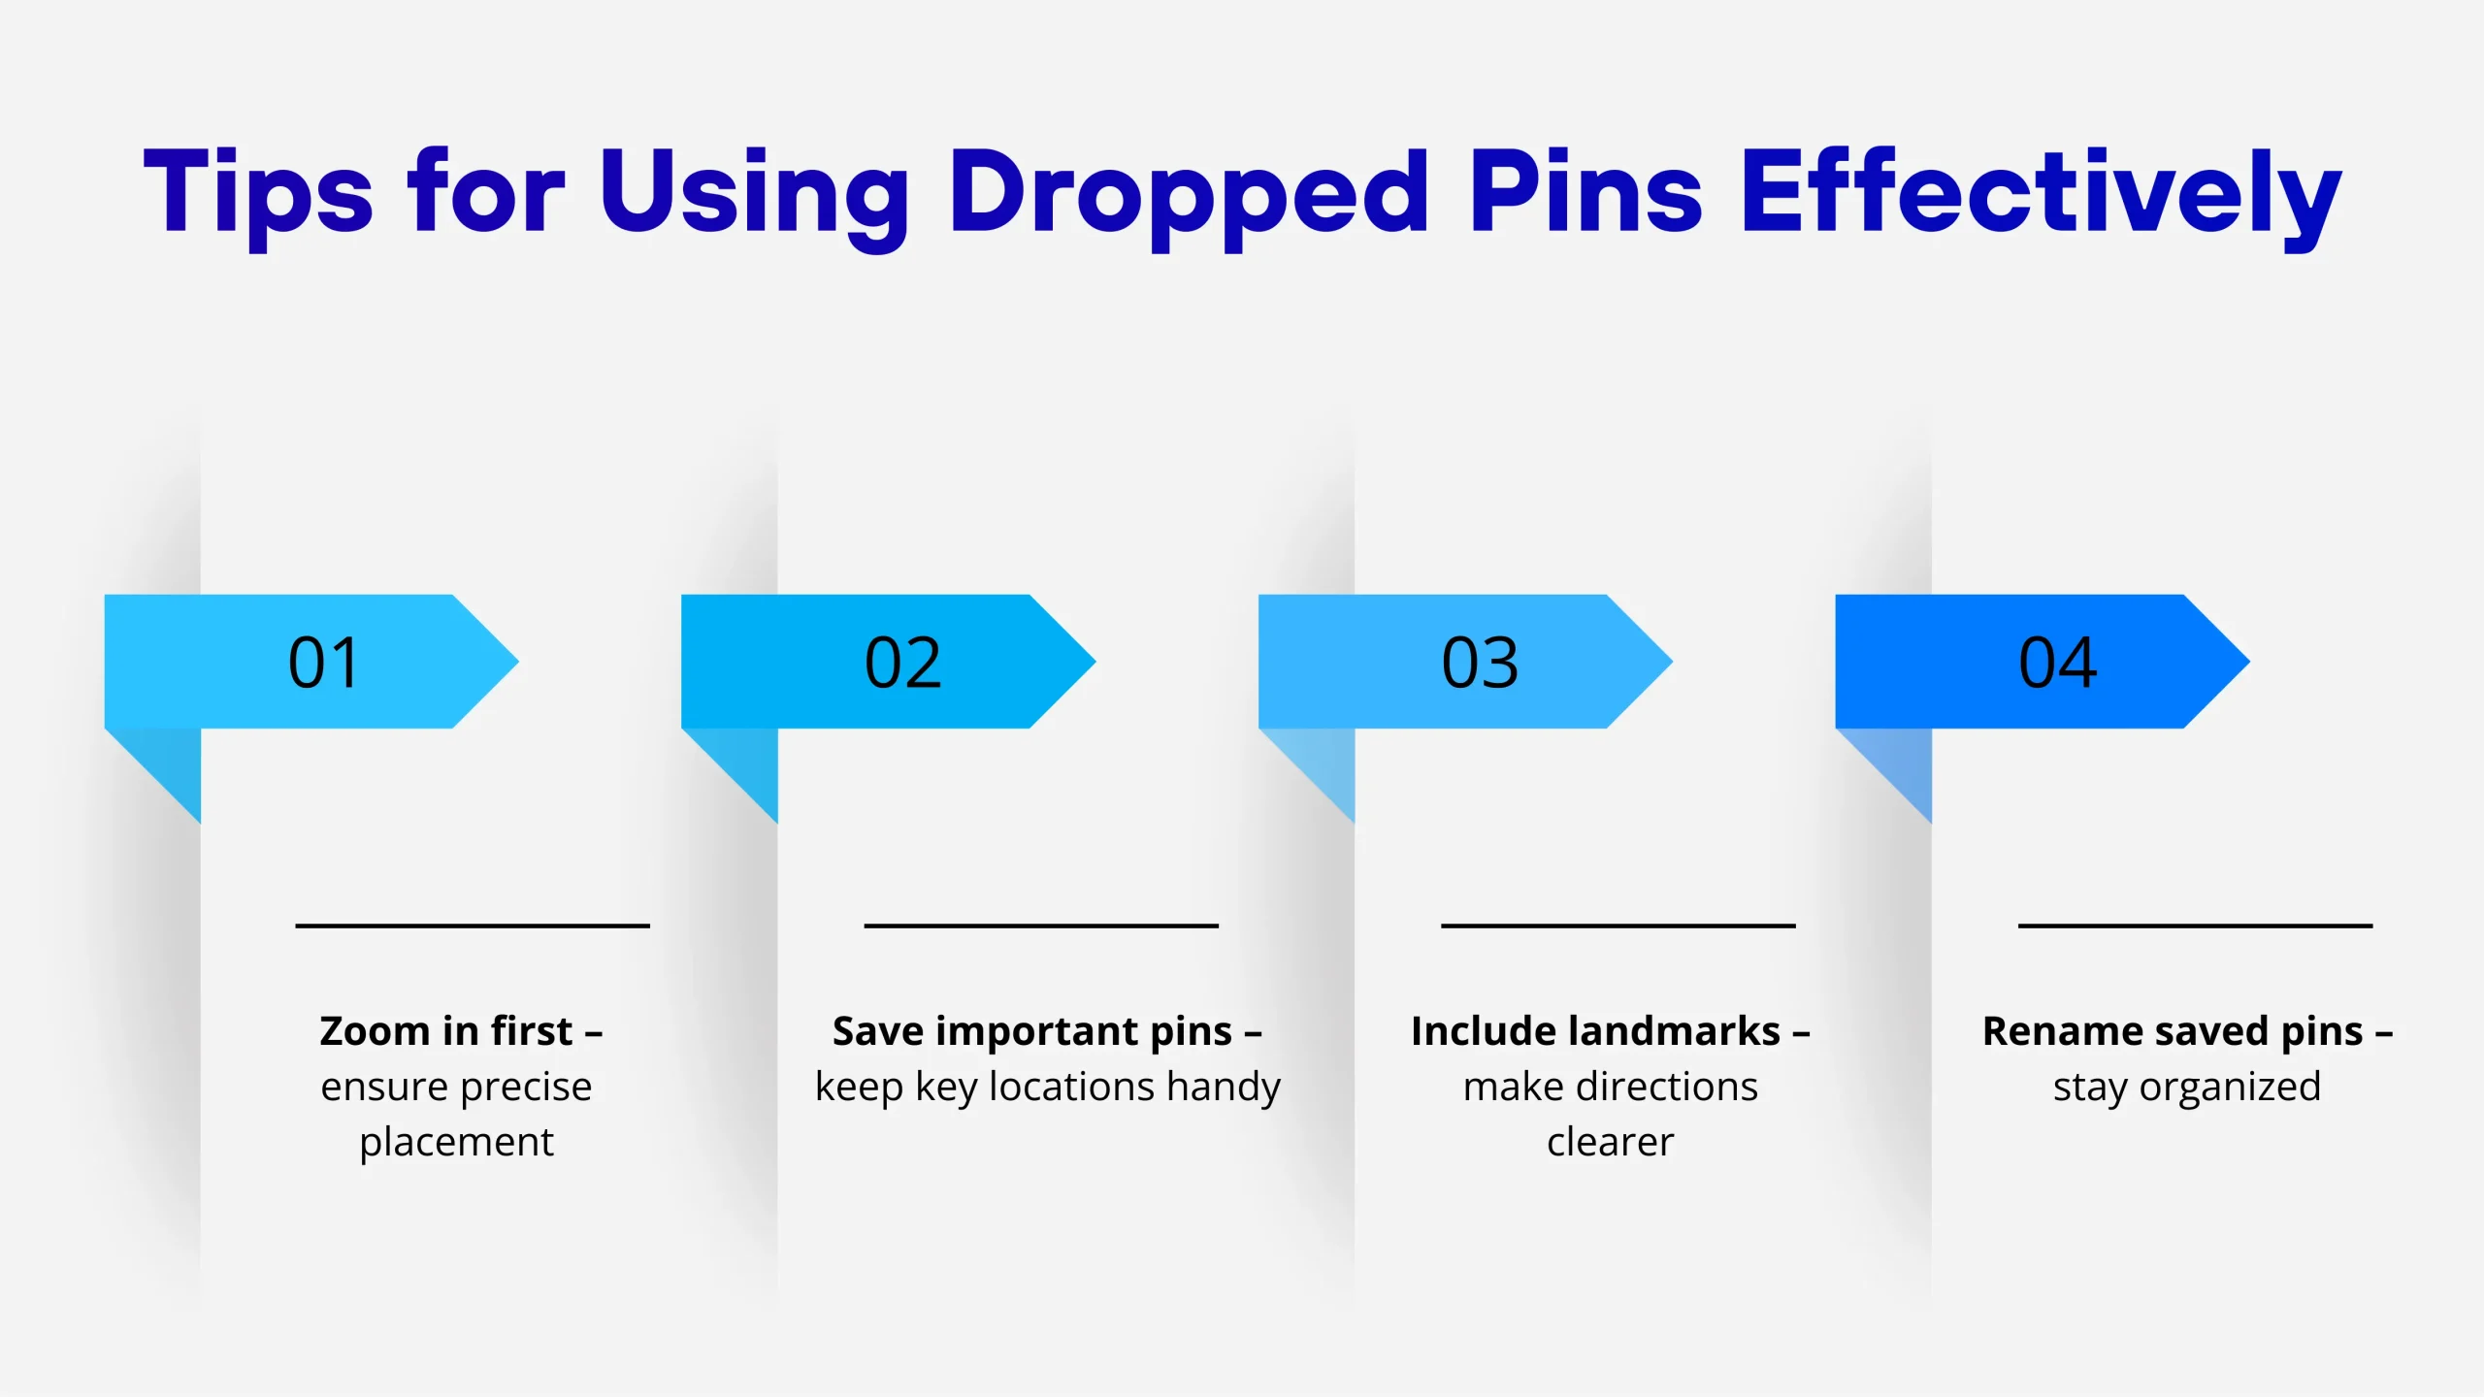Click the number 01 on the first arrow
(x=324, y=663)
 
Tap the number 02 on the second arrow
(x=902, y=663)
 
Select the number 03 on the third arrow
(x=1480, y=663)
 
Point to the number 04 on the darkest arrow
(x=2057, y=663)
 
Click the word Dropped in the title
(x=1189, y=199)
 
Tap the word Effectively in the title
(x=2042, y=199)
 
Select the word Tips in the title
(x=258, y=199)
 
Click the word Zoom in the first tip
(x=375, y=1031)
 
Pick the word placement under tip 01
(x=456, y=1143)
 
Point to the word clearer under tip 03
(x=1610, y=1143)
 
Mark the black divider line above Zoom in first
(x=473, y=926)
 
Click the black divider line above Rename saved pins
(x=2195, y=926)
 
